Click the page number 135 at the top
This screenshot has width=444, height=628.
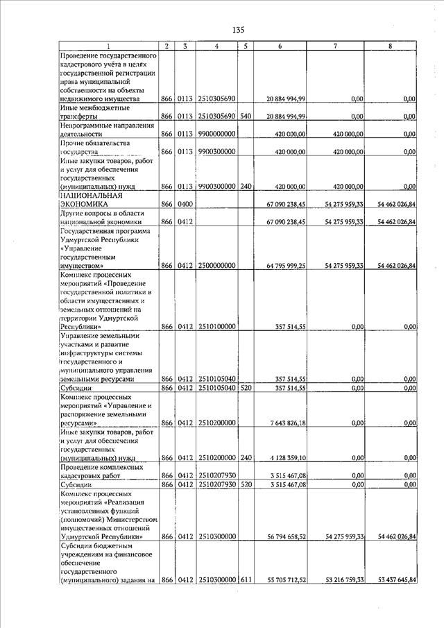tap(239, 30)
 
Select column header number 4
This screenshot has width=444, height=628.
tap(217, 46)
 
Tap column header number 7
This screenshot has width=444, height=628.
tap(335, 46)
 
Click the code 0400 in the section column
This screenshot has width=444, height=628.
tap(184, 204)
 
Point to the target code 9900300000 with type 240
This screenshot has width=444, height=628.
tap(217, 187)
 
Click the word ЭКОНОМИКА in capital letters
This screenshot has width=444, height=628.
tap(85, 205)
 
